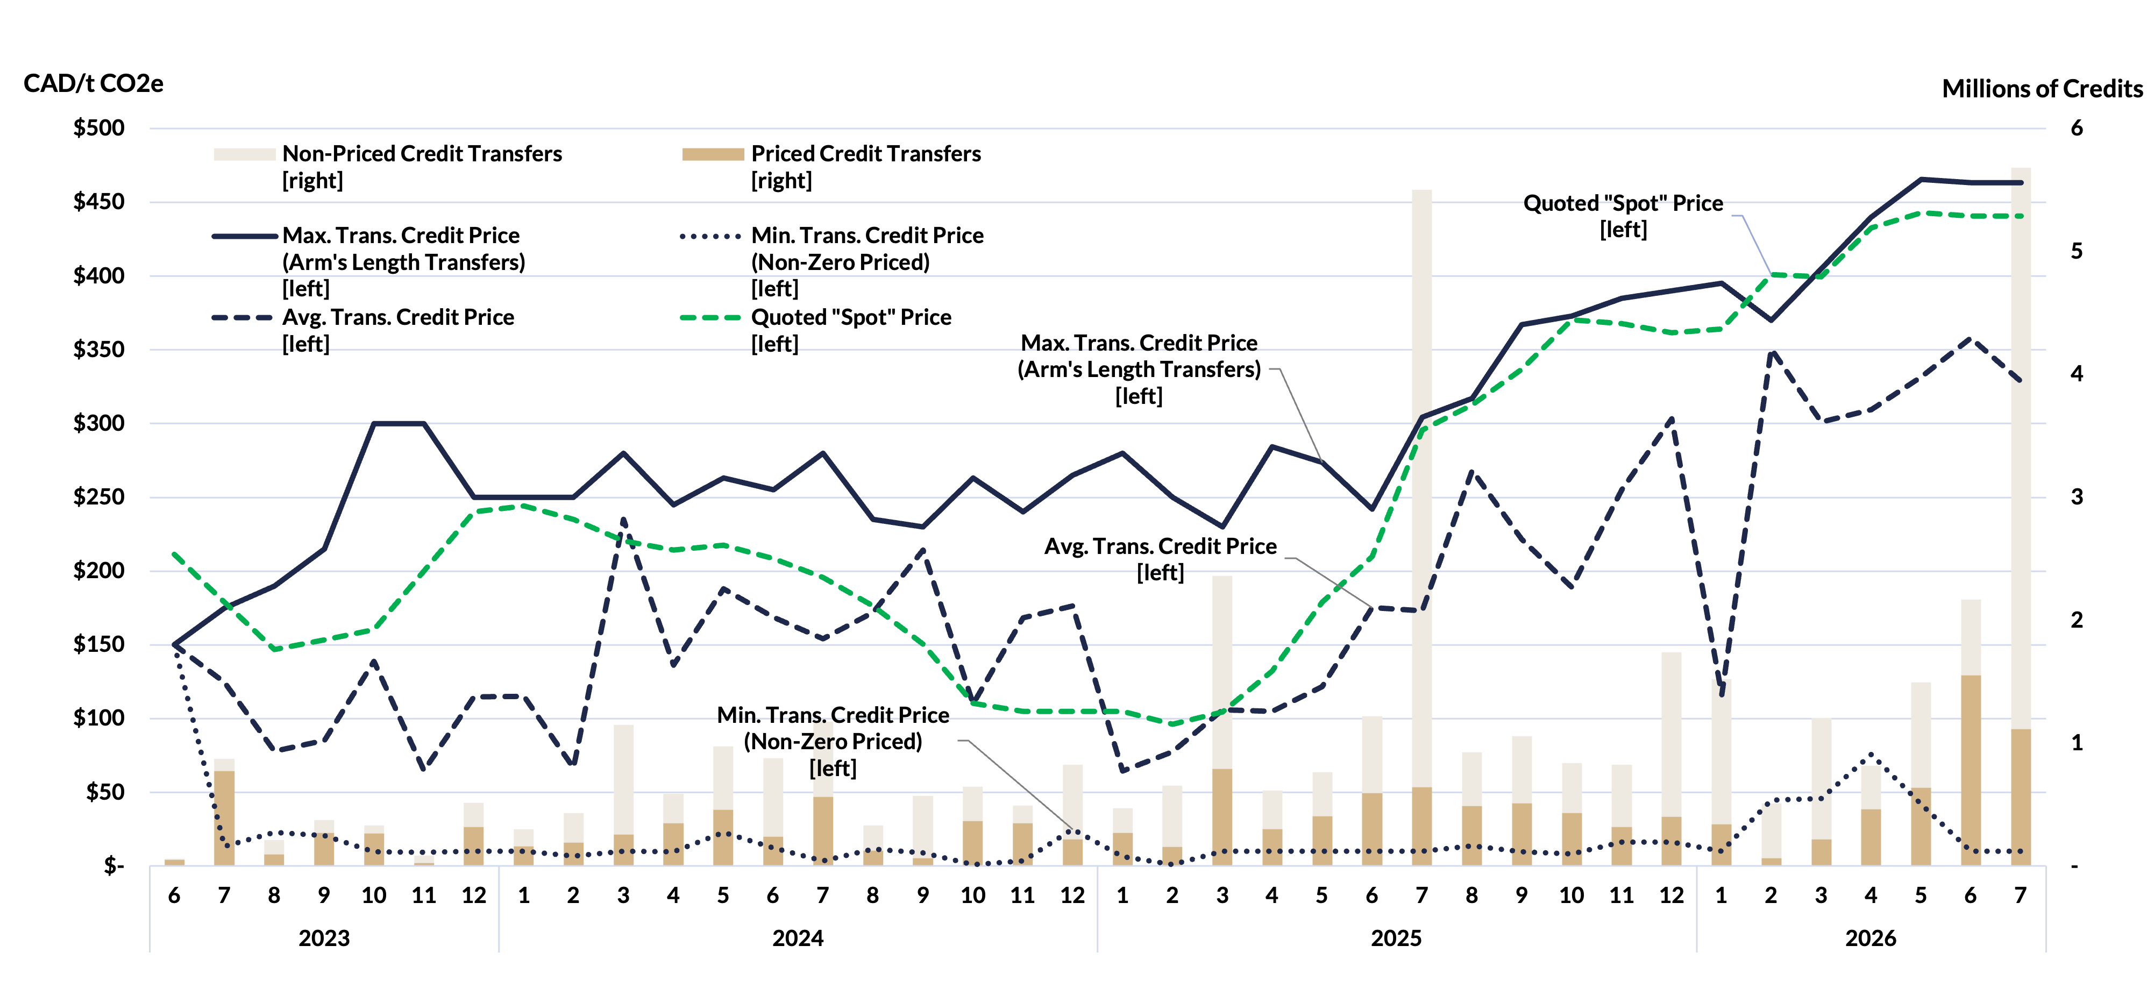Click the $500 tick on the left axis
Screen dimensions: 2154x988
pyautogui.click(x=98, y=128)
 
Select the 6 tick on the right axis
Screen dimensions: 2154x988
pyautogui.click(x=2077, y=128)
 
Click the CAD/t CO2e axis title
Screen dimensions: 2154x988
pyautogui.click(x=94, y=83)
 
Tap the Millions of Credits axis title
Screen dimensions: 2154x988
pyautogui.click(x=2043, y=89)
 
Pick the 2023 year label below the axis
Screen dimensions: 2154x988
pyautogui.click(x=324, y=938)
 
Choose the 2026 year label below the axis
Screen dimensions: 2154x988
pyautogui.click(x=1871, y=938)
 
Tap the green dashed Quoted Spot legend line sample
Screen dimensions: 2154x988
pyautogui.click(x=712, y=318)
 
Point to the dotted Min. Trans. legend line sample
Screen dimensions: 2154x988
pyautogui.click(x=712, y=237)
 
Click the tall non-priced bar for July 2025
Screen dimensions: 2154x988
pyautogui.click(x=1421, y=488)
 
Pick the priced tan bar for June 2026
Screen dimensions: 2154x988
pyautogui.click(x=1971, y=770)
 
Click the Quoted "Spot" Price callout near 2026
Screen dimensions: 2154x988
pyautogui.click(x=1623, y=216)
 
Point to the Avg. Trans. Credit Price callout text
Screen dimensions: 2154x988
pyautogui.click(x=1161, y=559)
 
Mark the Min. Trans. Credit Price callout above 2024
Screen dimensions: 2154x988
pyautogui.click(x=833, y=742)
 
